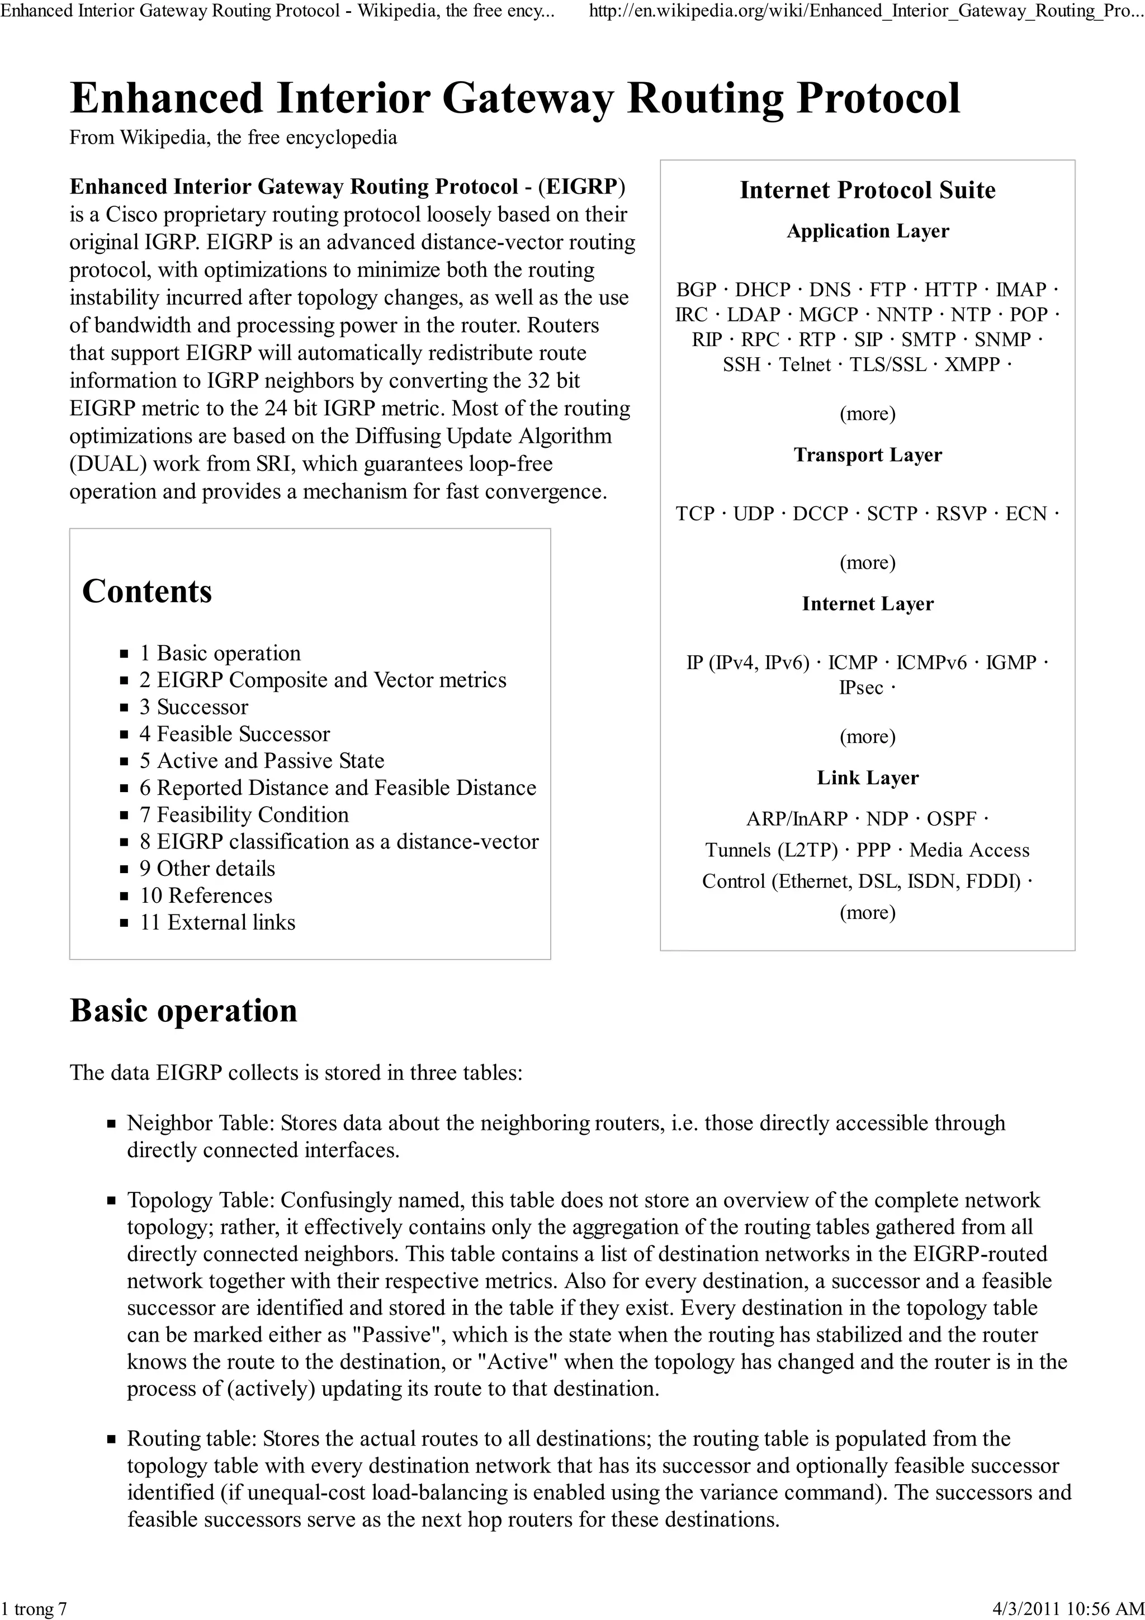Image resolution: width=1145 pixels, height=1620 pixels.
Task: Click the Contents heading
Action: click(x=146, y=591)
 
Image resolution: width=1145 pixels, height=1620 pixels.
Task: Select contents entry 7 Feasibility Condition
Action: click(x=244, y=814)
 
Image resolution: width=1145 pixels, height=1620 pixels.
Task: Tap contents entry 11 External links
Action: click(x=217, y=922)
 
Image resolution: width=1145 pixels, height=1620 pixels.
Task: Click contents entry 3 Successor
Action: click(x=194, y=707)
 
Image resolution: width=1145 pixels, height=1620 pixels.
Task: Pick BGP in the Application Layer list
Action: click(x=695, y=290)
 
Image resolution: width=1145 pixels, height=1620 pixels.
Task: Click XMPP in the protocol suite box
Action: click(x=972, y=365)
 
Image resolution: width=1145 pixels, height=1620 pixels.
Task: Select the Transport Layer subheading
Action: click(x=867, y=455)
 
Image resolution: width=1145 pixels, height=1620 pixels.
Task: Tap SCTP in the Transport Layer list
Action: click(x=892, y=514)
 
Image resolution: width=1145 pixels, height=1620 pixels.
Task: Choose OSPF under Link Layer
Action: click(x=951, y=818)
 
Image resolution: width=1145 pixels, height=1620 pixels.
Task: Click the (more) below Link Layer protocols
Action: click(x=867, y=912)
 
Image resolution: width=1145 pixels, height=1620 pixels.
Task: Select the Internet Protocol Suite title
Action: click(x=867, y=190)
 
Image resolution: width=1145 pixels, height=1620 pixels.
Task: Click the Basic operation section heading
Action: click(x=183, y=1010)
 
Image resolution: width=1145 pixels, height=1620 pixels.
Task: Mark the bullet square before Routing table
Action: click(x=111, y=1439)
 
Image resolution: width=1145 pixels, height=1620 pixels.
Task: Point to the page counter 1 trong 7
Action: click(x=34, y=1609)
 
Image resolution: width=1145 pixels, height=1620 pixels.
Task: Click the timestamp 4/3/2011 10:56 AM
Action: click(x=1067, y=1609)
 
